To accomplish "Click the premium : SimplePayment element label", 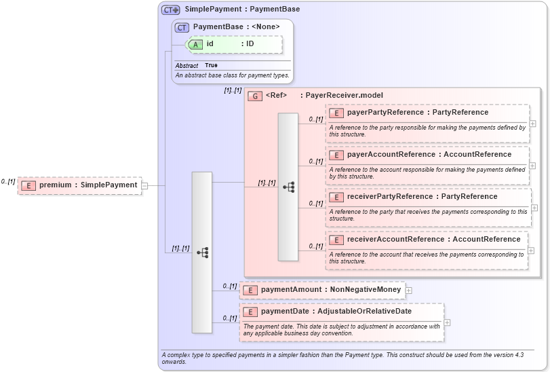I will pyautogui.click(x=88, y=185).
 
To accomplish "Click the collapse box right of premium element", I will pyautogui.click(x=145, y=185).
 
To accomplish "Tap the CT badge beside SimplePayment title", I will pyautogui.click(x=170, y=10).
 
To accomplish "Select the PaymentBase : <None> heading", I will pyautogui.click(x=236, y=27).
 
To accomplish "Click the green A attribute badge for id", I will pyautogui.click(x=195, y=44).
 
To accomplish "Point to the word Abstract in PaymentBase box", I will pyautogui.click(x=186, y=66).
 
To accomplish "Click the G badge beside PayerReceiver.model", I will pyautogui.click(x=255, y=96).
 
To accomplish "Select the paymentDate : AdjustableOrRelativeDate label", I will pyautogui.click(x=336, y=312).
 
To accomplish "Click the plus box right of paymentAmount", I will pyautogui.click(x=409, y=291).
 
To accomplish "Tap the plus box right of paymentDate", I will pyautogui.click(x=448, y=322).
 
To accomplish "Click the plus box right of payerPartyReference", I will pyautogui.click(x=533, y=124).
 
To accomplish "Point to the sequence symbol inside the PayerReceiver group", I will pyautogui.click(x=288, y=187).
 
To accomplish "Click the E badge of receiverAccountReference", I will pyautogui.click(x=336, y=240).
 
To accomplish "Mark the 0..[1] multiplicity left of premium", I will pyautogui.click(x=8, y=181).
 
